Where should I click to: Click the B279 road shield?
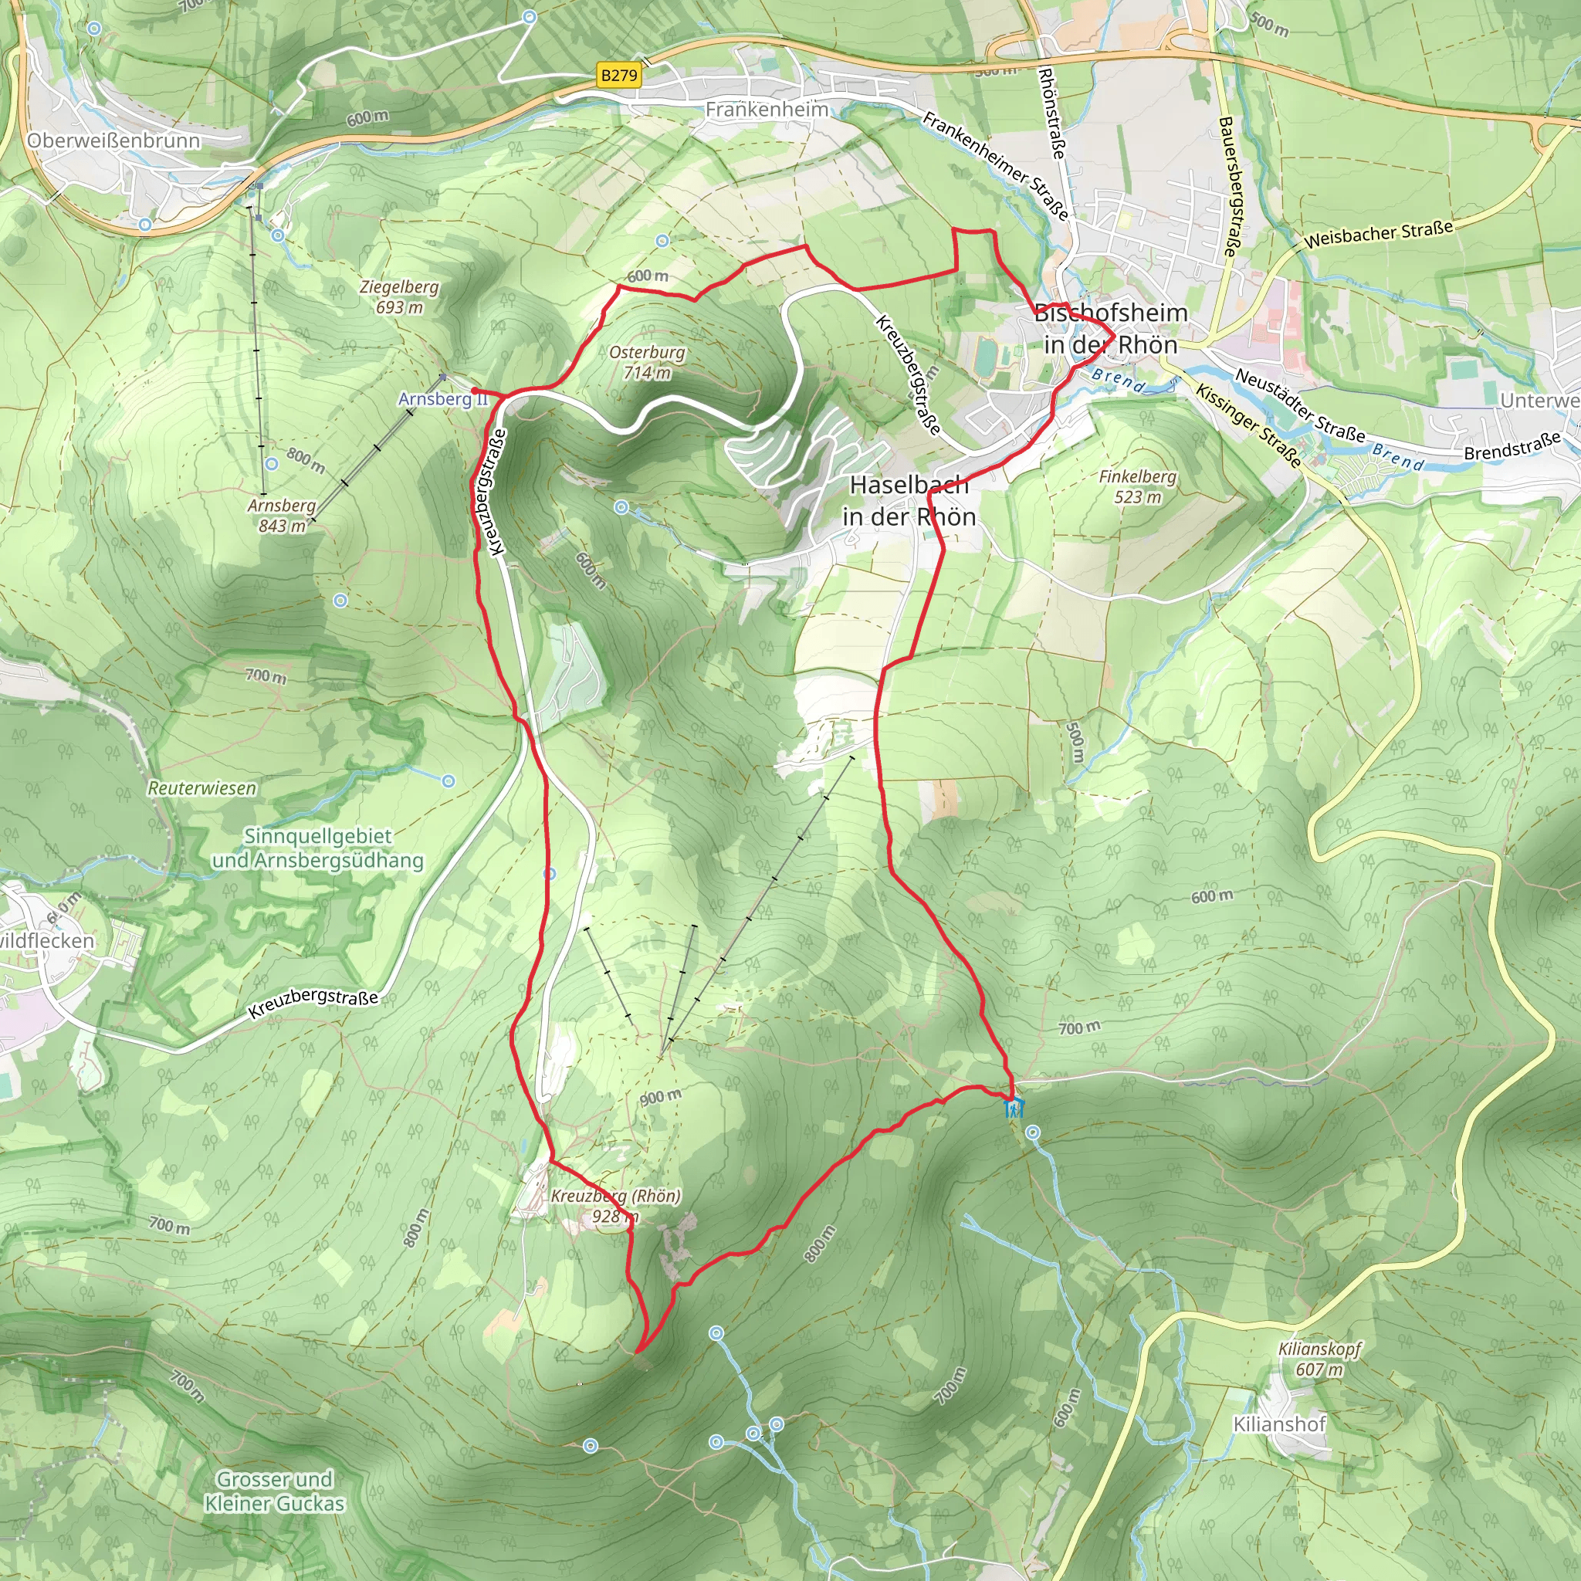(x=618, y=76)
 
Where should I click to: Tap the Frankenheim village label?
(x=767, y=109)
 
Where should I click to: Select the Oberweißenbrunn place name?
(x=113, y=140)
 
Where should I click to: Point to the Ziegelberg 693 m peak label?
(x=399, y=297)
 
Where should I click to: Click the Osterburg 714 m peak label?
(x=647, y=362)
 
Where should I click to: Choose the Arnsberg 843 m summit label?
(x=282, y=516)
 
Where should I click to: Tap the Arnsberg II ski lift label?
(x=442, y=398)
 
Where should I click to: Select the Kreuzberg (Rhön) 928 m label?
(x=615, y=1205)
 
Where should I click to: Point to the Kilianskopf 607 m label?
(x=1320, y=1359)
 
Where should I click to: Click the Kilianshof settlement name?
(x=1279, y=1424)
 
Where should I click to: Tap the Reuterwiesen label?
(x=202, y=788)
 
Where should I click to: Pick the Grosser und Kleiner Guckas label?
(x=274, y=1491)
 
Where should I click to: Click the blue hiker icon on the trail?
(x=1013, y=1109)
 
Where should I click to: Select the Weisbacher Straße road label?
(x=1378, y=234)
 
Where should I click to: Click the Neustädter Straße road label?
(x=1300, y=406)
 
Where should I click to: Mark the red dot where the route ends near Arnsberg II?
(x=475, y=391)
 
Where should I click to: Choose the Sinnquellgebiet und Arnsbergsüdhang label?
(x=317, y=848)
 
